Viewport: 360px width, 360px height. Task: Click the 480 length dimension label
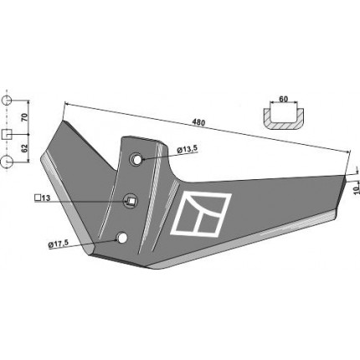coord(198,122)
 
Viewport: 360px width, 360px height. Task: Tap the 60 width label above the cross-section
coord(283,99)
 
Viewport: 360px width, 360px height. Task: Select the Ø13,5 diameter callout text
coord(187,149)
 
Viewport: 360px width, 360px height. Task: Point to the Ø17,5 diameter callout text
coord(59,244)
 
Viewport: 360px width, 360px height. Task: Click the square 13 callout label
coord(42,198)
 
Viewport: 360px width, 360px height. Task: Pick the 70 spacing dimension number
coord(25,117)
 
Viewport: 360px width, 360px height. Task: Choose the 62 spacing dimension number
coord(25,148)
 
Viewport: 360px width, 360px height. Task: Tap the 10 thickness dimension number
coord(356,190)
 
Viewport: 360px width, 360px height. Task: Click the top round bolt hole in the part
coord(136,159)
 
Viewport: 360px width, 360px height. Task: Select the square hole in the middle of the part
coord(131,200)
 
